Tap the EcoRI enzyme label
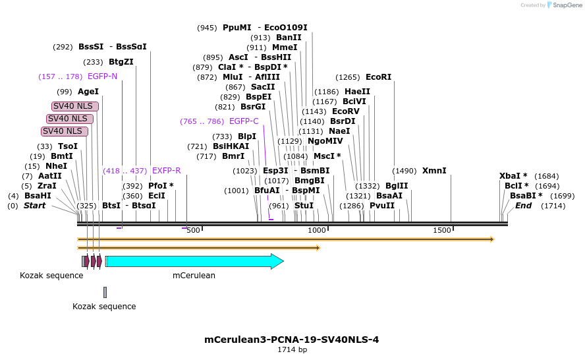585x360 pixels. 378,77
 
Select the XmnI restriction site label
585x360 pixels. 434,171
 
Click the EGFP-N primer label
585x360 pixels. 102,76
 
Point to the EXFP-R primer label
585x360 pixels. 166,171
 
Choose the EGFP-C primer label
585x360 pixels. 244,121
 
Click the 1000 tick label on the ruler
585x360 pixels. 318,230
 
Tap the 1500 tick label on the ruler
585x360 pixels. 442,230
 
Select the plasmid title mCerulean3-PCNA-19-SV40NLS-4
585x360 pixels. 292,340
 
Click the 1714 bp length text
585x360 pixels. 292,350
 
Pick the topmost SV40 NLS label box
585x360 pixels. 75,106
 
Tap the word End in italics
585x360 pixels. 523,206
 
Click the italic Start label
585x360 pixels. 35,206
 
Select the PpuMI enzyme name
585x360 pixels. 237,28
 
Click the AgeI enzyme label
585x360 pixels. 88,92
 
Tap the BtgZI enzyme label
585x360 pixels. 121,62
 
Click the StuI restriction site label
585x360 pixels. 304,206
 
